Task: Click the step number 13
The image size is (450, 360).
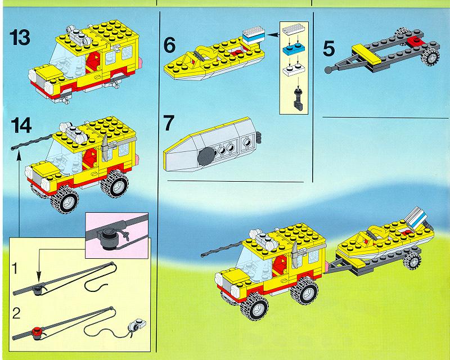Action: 20,38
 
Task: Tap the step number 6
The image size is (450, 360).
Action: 169,46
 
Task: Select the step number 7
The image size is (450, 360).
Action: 168,123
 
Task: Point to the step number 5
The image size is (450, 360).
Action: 328,48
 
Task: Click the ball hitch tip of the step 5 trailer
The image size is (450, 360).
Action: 328,70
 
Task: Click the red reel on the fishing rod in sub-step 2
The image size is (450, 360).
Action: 37,331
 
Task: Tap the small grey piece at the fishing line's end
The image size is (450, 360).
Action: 137,325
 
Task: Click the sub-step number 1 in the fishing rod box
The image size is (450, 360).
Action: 15,269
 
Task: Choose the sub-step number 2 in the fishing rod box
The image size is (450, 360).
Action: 16,313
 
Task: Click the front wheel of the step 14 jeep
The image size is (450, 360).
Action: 64,200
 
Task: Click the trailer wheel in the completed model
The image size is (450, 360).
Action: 412,261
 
